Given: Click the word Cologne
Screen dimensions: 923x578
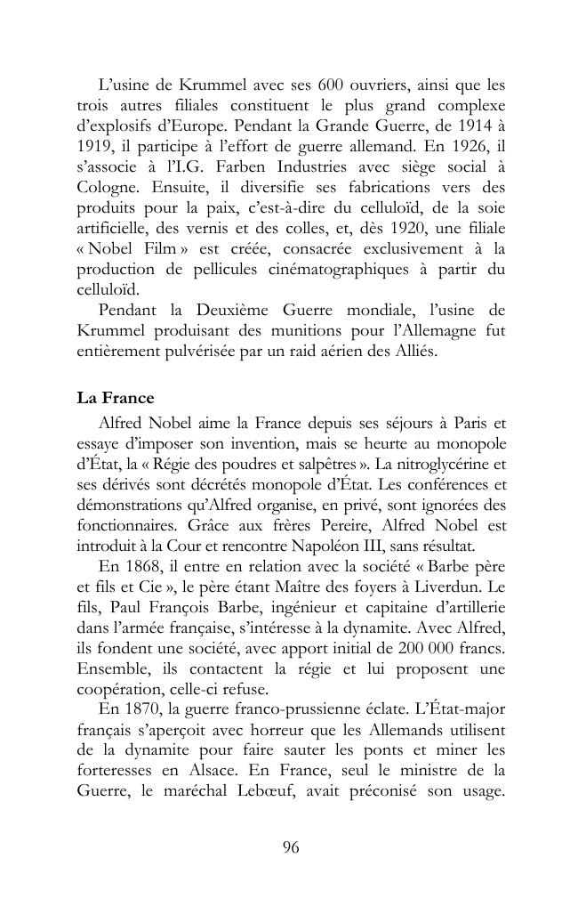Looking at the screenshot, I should click(x=104, y=187).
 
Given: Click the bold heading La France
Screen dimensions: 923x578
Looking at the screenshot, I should click(x=116, y=398).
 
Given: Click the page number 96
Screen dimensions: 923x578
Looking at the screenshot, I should click(x=290, y=847).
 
